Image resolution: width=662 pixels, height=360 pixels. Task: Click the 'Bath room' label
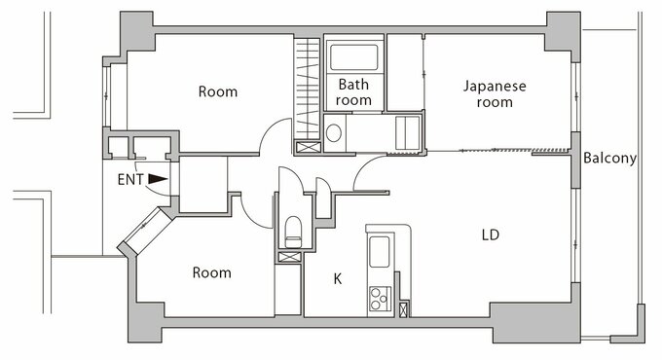click(x=354, y=92)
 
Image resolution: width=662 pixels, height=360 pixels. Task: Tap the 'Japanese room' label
click(x=494, y=93)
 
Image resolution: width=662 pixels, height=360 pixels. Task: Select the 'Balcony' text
click(x=610, y=159)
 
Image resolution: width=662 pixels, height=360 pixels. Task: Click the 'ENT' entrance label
click(x=130, y=179)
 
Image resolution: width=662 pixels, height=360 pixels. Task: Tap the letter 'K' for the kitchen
click(x=338, y=278)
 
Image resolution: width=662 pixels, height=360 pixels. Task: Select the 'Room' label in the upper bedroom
click(x=217, y=91)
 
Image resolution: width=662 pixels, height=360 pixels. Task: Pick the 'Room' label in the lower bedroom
click(x=211, y=272)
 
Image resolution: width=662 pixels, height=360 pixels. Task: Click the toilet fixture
click(x=291, y=232)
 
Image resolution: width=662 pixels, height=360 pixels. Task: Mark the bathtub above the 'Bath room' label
click(x=354, y=55)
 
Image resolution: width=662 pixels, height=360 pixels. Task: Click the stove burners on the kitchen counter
click(x=379, y=299)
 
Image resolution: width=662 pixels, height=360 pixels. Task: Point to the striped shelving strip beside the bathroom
click(x=307, y=88)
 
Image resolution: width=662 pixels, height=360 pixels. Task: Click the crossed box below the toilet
click(x=289, y=257)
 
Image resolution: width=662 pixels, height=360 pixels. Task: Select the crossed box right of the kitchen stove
click(x=404, y=308)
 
